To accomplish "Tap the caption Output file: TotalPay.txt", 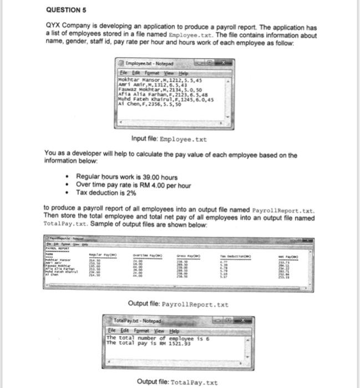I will pos(177,382).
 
